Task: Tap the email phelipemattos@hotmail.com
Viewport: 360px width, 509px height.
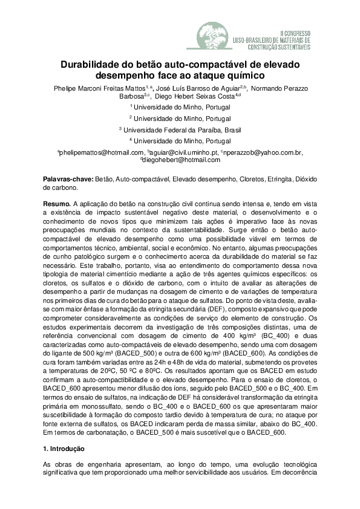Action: point(101,152)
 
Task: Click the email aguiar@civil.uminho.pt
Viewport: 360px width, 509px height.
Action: point(184,152)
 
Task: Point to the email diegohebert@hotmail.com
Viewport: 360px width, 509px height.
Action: point(174,160)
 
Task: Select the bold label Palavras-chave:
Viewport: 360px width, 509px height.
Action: point(67,180)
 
